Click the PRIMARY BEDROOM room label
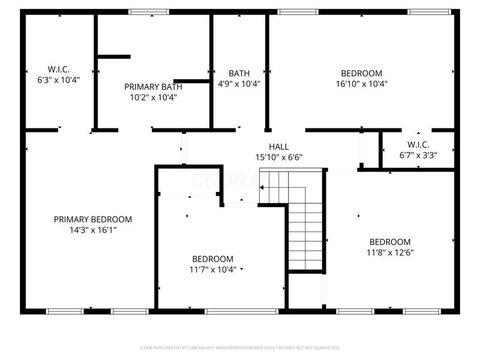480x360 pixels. tap(93, 220)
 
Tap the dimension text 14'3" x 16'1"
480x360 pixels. tap(93, 230)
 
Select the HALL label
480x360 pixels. tap(278, 146)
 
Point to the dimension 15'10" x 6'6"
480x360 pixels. tap(278, 157)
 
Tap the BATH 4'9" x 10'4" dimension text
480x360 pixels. tap(239, 84)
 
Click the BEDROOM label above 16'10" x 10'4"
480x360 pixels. tap(361, 73)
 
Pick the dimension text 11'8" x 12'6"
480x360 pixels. tap(390, 253)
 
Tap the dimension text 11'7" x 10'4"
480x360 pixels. tap(212, 269)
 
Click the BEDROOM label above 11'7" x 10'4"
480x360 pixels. tap(212, 259)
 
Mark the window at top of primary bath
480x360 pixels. tap(149, 11)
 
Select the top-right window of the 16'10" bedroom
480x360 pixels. tap(429, 11)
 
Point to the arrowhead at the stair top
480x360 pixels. tap(262, 188)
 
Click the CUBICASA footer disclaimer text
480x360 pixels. tap(240, 347)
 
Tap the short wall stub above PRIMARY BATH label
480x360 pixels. tap(114, 56)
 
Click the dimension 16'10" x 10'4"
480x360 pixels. tap(361, 84)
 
